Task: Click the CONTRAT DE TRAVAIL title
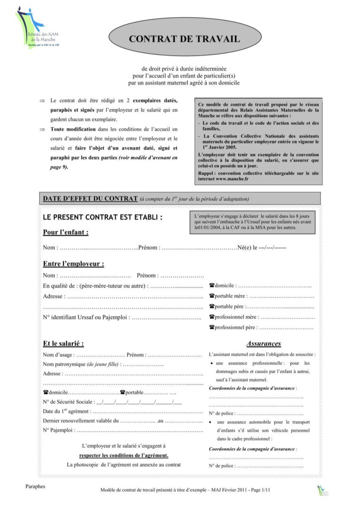point(184,38)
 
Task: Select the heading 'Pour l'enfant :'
point(65,232)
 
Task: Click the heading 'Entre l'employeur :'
point(73,263)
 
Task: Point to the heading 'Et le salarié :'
point(63,343)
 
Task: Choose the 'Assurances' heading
point(264,343)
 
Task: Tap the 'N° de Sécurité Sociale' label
point(68,401)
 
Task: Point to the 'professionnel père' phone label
point(233,327)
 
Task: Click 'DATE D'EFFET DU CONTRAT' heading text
point(90,199)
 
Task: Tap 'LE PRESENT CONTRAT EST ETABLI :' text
point(102,218)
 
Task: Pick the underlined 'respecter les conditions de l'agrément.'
point(124,455)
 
